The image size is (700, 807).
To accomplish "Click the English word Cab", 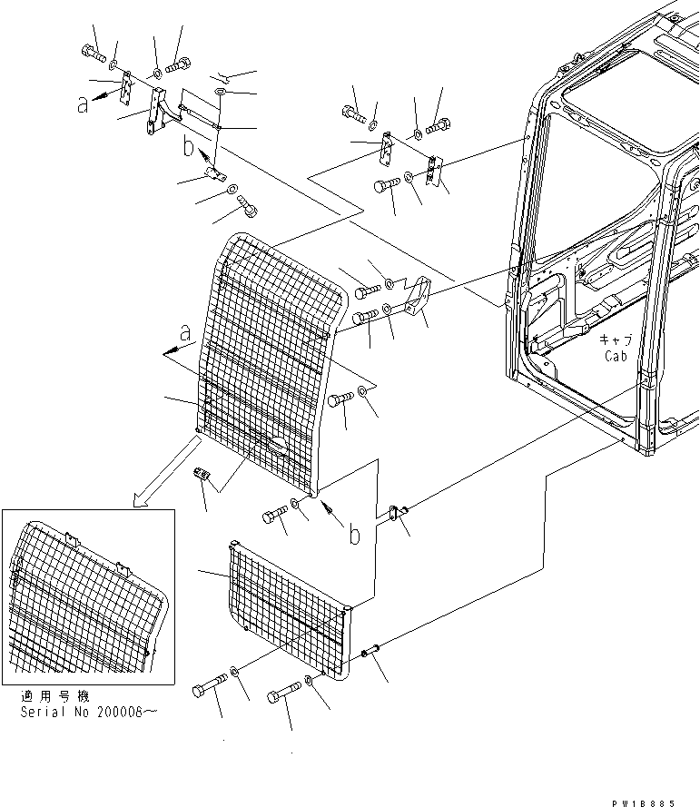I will click(616, 357).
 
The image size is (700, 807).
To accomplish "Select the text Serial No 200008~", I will click(88, 713).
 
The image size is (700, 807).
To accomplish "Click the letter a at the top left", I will click(84, 104).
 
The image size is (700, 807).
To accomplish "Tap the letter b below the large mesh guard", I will click(353, 534).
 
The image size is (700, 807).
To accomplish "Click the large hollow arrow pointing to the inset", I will click(167, 471).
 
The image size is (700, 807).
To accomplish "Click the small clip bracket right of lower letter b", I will click(394, 514).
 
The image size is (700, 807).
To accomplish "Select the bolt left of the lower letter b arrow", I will click(276, 517).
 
